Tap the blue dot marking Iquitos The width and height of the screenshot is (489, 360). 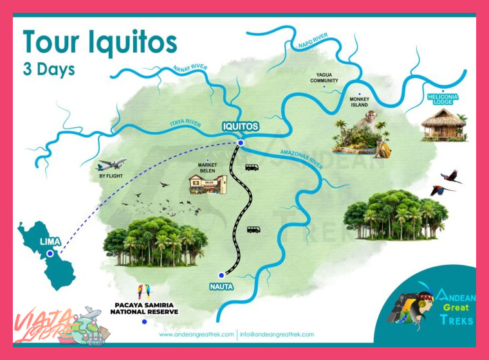[240, 143]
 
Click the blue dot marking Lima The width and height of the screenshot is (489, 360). [50, 253]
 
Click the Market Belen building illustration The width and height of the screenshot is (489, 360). [208, 184]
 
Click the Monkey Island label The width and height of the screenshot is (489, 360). [359, 102]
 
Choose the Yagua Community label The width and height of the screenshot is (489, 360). [324, 77]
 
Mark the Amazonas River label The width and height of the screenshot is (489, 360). [300, 159]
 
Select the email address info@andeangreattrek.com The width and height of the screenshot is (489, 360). [277, 334]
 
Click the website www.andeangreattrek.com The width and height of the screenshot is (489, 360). [196, 334]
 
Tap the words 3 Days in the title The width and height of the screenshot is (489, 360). [49, 69]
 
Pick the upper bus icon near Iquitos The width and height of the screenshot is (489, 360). [252, 167]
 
